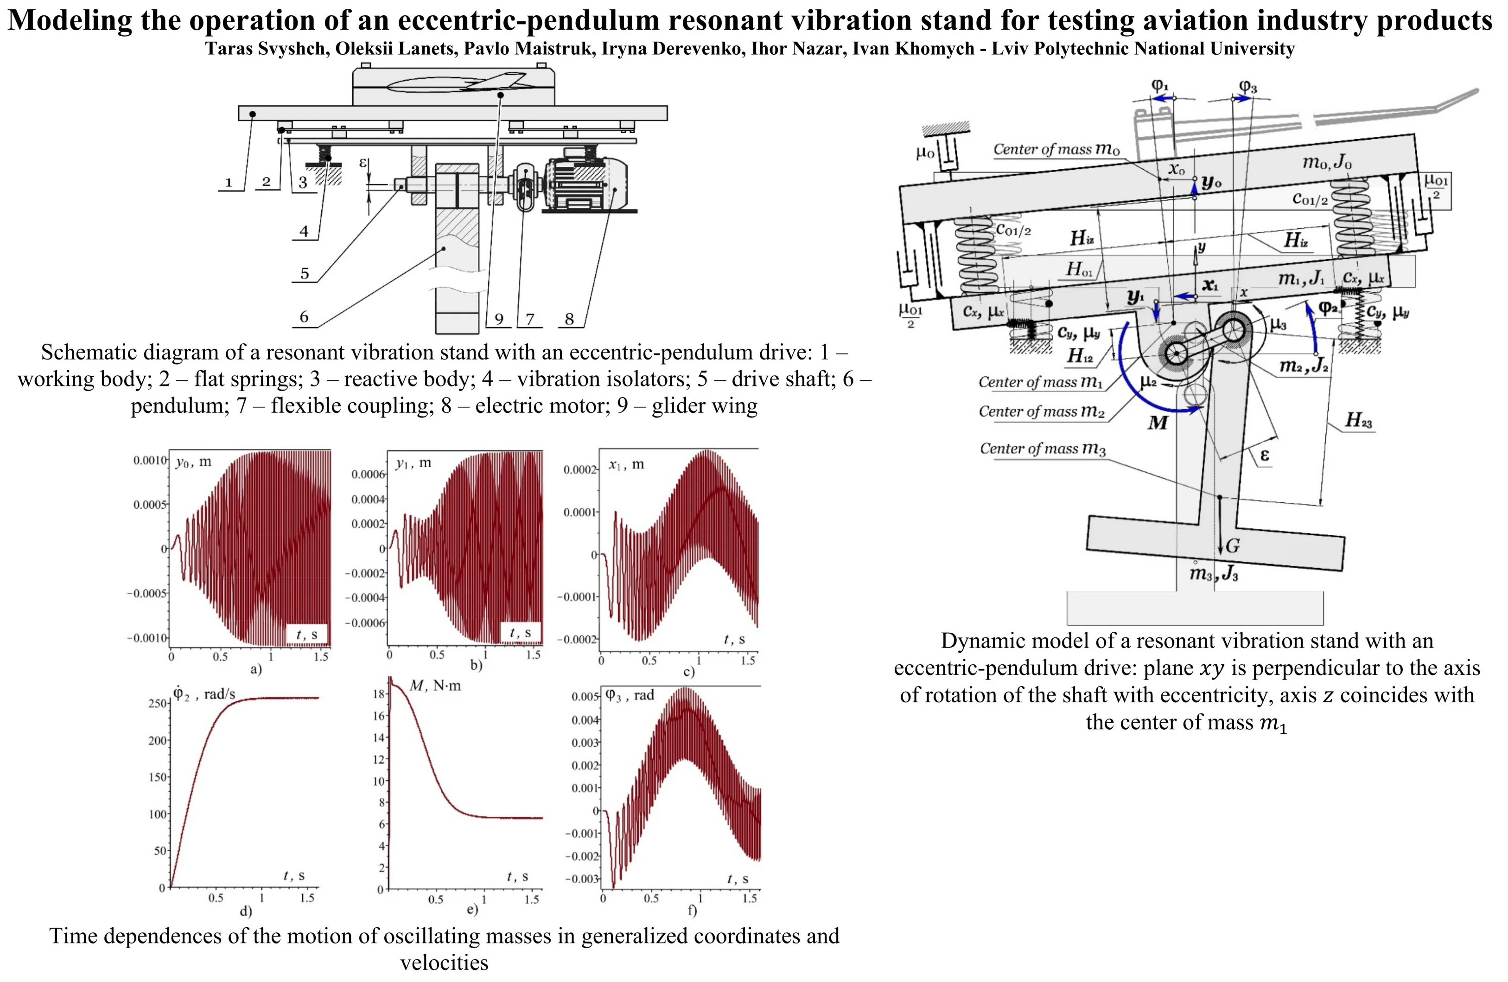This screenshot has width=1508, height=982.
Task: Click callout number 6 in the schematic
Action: click(x=304, y=317)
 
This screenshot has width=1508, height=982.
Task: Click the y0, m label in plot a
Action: click(x=193, y=462)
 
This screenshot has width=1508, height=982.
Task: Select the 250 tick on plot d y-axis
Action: click(x=157, y=703)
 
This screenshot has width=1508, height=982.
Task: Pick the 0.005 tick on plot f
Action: click(x=584, y=697)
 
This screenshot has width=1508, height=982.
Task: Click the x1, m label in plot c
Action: click(x=626, y=465)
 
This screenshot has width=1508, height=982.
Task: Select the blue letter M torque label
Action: click(x=1158, y=422)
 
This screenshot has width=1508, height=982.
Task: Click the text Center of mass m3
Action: click(x=1042, y=449)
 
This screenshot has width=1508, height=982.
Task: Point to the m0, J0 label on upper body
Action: click(x=1327, y=162)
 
